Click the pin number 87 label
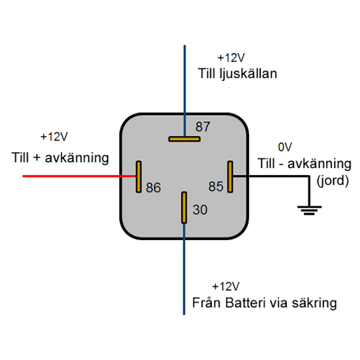click(203, 127)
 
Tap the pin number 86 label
click(154, 188)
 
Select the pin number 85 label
click(216, 187)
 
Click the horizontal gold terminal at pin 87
click(184, 139)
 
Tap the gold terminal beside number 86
click(139, 176)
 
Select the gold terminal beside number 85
click(229, 177)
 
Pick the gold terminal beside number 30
click(184, 208)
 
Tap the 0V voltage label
click(284, 147)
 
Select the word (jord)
click(332, 180)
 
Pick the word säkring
click(313, 302)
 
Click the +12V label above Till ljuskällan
click(231, 58)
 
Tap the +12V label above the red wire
click(54, 137)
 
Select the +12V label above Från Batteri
click(226, 286)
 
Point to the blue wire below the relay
click(184, 276)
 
